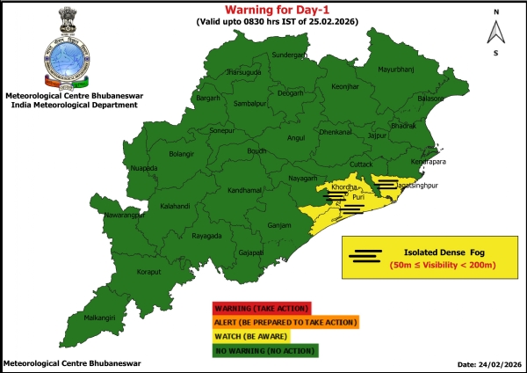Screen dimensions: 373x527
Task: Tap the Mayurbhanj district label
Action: coord(393,69)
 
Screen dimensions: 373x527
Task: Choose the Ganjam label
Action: coord(278,226)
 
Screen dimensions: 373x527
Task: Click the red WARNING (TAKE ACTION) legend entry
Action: coord(260,308)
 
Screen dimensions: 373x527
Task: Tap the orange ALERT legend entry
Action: coord(285,322)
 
